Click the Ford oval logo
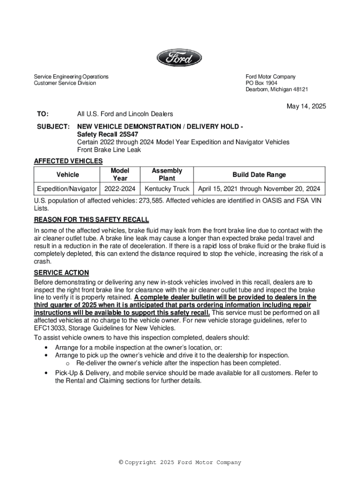pyautogui.click(x=179, y=58)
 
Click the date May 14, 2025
pyautogui.click(x=306, y=106)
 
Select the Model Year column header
pyautogui.click(x=120, y=174)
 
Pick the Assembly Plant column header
pyautogui.click(x=167, y=174)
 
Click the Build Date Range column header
pyautogui.click(x=259, y=174)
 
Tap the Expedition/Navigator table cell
pyautogui.click(x=67, y=189)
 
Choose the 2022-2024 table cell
pyautogui.click(x=120, y=189)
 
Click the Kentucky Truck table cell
pyautogui.click(x=167, y=189)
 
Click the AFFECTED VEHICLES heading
pyautogui.click(x=68, y=161)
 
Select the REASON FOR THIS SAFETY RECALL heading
pyautogui.click(x=92, y=219)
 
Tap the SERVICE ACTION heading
pyautogui.click(x=61, y=273)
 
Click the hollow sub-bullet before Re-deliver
pyautogui.click(x=68, y=363)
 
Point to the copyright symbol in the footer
pyautogui.click(x=121, y=463)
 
